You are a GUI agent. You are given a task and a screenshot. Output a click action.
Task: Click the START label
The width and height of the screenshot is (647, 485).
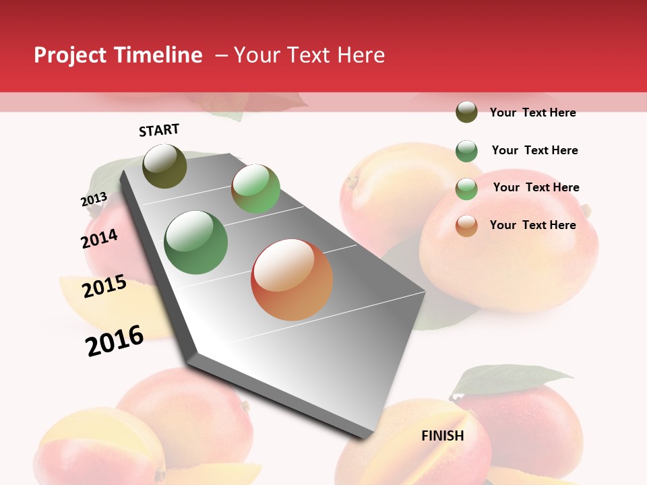[159, 130]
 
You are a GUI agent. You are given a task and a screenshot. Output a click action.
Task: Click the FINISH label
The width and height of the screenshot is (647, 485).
[443, 436]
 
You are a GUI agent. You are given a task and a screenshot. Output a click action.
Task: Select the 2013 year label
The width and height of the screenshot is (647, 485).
[94, 199]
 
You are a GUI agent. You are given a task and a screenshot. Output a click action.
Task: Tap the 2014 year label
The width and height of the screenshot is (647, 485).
[100, 238]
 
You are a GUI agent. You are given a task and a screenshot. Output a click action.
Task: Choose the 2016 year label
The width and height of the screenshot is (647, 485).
[115, 340]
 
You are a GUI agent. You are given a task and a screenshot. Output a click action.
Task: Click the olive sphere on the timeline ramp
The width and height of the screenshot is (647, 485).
[164, 166]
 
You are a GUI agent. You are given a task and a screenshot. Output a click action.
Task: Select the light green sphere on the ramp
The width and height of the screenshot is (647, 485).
[255, 189]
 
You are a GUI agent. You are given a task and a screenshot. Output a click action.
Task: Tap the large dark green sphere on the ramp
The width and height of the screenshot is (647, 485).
[196, 243]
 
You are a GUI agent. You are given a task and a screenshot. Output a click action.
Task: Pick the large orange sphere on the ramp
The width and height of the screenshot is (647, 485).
[292, 280]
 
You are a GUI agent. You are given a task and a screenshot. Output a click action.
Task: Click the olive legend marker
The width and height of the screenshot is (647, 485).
[466, 112]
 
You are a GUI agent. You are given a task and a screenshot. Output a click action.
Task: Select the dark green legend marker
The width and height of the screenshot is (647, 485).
[466, 151]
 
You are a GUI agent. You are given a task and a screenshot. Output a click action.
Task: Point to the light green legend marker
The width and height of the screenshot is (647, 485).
[466, 189]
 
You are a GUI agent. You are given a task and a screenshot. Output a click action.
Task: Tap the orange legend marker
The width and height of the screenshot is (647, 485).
[466, 226]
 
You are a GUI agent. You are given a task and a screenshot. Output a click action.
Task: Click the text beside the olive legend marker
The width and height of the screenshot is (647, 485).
[532, 112]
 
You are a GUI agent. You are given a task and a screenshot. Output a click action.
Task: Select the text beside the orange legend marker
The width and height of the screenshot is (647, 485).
[532, 225]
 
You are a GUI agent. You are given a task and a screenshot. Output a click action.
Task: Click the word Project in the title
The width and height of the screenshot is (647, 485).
[70, 55]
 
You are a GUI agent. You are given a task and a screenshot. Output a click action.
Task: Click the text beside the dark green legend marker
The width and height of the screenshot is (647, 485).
[534, 150]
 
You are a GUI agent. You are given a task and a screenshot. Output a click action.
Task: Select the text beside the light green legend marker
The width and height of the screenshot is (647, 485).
[536, 187]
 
